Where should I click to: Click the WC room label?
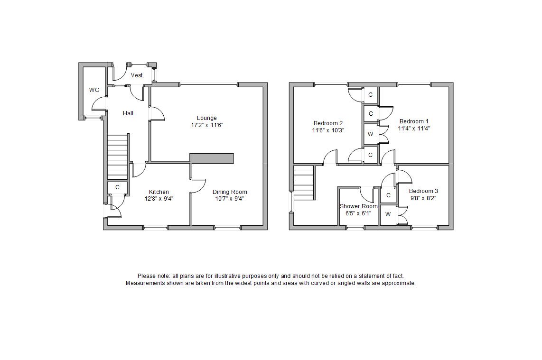(x=94, y=90)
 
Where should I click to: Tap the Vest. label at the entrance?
(x=138, y=75)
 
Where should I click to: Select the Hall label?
(x=128, y=113)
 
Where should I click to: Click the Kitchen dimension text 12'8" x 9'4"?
(x=159, y=199)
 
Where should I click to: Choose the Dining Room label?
(x=230, y=192)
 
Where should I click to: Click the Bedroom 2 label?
(x=328, y=123)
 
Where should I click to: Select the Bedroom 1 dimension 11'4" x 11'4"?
(x=414, y=128)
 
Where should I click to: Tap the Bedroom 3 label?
(x=423, y=191)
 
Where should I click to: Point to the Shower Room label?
(x=358, y=206)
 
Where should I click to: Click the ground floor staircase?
(x=118, y=157)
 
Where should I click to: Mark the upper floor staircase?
(x=304, y=183)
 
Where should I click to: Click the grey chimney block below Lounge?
(x=212, y=158)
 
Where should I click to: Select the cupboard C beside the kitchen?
(x=117, y=187)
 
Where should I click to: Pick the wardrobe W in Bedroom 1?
(x=370, y=134)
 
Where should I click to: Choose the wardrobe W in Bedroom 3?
(x=387, y=214)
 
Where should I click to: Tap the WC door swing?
(x=99, y=103)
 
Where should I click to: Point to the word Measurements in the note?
(x=143, y=283)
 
